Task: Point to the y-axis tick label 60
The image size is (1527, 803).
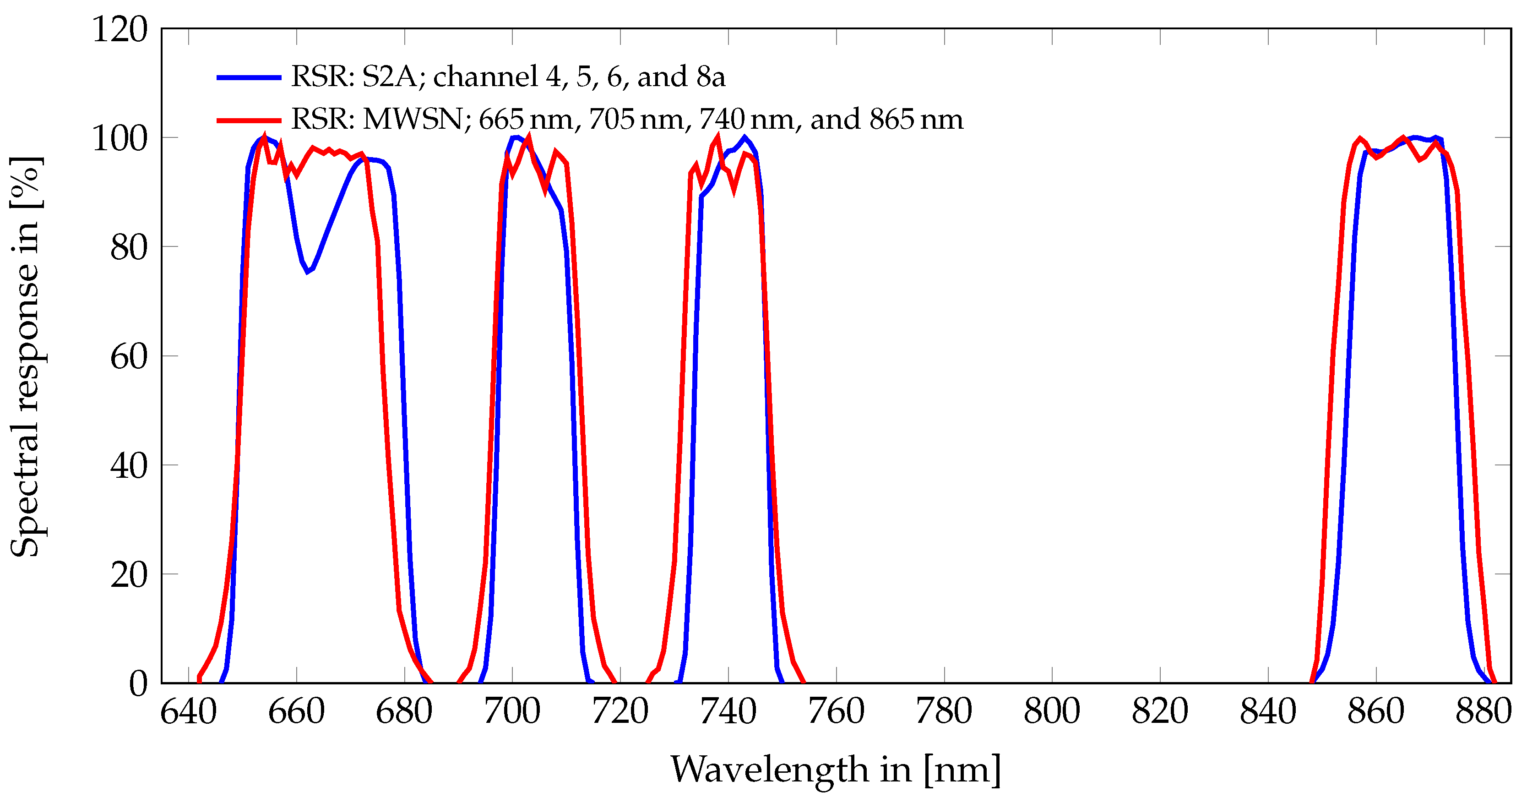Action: [129, 356]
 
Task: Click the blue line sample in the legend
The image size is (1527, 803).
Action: [249, 77]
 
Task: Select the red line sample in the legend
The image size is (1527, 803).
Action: [249, 120]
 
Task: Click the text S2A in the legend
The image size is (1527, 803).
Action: [390, 77]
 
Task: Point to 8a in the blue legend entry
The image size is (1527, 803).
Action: [711, 77]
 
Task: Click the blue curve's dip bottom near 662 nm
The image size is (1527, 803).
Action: [308, 272]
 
